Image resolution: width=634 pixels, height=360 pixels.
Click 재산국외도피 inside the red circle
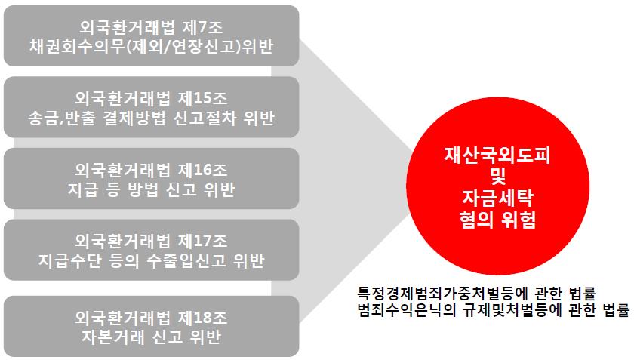click(497, 155)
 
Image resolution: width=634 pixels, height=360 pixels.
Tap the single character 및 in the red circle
click(497, 177)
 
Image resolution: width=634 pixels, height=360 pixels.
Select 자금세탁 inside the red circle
click(497, 198)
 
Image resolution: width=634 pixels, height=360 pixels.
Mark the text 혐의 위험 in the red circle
click(497, 220)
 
